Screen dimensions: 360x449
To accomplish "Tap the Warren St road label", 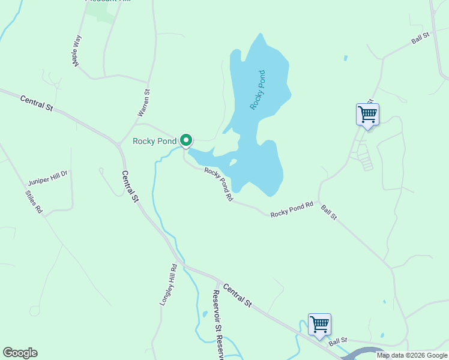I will [143, 103].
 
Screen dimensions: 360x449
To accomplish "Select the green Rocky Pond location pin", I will [186, 140].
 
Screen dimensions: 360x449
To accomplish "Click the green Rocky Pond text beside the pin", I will [154, 142].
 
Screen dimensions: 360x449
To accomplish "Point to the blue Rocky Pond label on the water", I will [258, 89].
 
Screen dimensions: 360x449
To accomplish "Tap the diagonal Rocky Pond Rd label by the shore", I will [218, 184].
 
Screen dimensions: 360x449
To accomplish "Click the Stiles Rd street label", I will [34, 202].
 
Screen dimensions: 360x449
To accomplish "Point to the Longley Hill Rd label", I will [168, 285].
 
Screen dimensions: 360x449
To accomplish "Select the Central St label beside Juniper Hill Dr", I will [130, 187].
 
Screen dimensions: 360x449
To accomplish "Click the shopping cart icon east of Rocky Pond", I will [367, 113].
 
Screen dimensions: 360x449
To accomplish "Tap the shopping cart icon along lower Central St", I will [319, 324].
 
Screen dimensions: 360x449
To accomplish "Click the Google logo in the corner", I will [20, 353].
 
